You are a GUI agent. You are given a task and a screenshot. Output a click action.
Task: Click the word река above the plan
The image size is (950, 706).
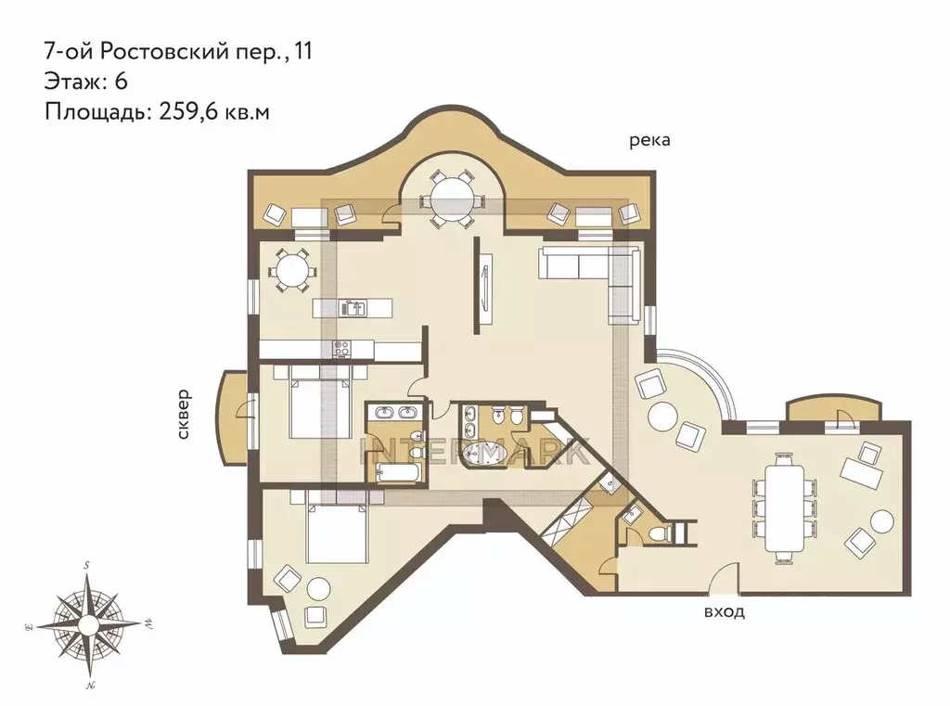tap(648, 141)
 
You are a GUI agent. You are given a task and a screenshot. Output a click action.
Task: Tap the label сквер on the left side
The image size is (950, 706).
tap(184, 413)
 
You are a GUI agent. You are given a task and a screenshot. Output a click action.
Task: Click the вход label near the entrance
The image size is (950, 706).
tap(724, 612)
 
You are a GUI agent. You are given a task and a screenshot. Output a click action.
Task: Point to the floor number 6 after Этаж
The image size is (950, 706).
tap(121, 81)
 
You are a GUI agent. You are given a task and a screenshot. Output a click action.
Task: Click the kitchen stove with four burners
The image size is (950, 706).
tap(341, 349)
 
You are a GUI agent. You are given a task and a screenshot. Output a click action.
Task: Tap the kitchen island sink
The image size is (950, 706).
tap(351, 307)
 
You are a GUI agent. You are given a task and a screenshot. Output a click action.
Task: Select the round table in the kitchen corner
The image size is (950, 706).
tap(290, 271)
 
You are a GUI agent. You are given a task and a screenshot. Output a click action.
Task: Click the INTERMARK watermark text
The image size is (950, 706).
tap(473, 452)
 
